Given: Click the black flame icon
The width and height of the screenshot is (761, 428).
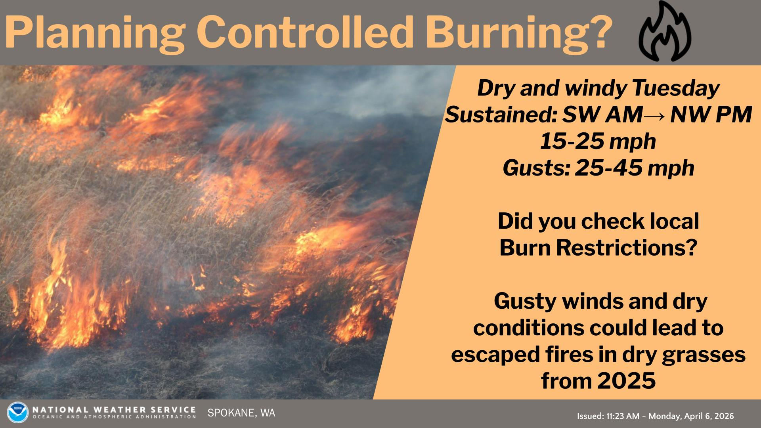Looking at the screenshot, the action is (x=665, y=32).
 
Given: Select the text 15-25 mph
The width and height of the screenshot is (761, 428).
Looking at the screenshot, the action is (x=598, y=142).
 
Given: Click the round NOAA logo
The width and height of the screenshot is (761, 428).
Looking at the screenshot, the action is (x=18, y=413).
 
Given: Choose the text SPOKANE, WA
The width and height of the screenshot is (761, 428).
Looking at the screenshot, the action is (x=241, y=413).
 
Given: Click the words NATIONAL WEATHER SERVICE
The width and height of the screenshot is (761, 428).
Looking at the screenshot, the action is (x=114, y=409).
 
